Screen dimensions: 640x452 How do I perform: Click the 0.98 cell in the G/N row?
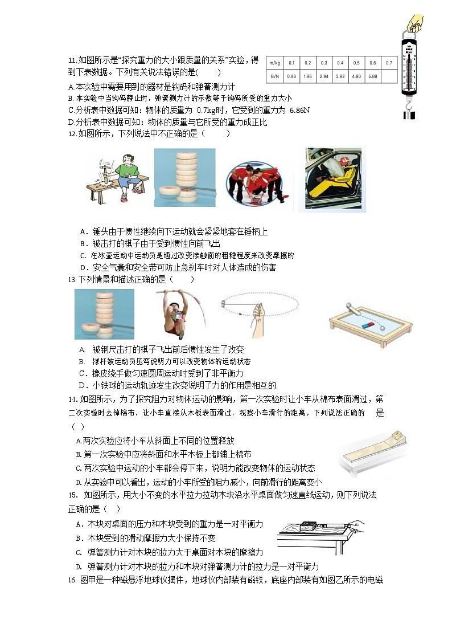[291, 76]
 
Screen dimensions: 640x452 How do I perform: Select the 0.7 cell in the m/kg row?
[389, 62]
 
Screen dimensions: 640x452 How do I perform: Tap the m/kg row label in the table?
[274, 62]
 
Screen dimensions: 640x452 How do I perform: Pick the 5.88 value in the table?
[373, 76]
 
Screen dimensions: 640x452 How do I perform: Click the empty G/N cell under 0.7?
[389, 76]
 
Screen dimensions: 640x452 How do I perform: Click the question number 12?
[72, 133]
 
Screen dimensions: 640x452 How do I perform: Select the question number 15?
[72, 495]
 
